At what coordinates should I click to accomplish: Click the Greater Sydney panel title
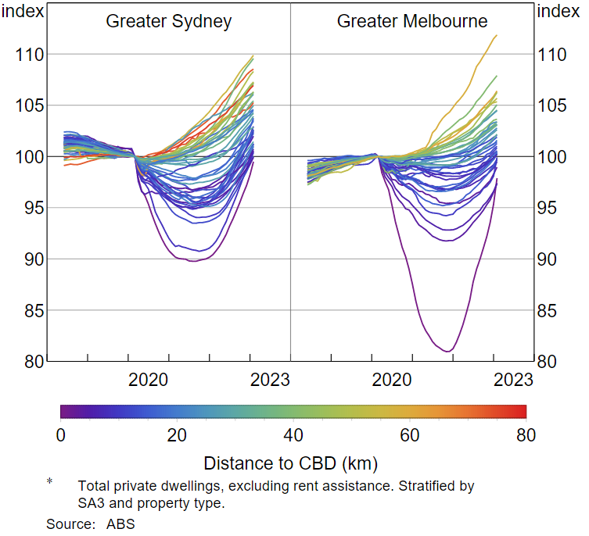point(169,21)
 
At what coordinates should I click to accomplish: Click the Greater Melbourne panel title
point(412,21)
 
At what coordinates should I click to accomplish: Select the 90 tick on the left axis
point(31,259)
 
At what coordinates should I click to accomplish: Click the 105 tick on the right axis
point(556,105)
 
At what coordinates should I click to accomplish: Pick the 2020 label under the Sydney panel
point(149,381)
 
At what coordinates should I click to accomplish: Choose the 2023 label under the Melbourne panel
point(513,381)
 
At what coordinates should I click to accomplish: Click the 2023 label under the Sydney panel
point(270,381)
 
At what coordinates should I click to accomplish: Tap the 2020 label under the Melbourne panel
point(392,381)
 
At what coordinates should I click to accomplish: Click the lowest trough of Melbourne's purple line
point(447,352)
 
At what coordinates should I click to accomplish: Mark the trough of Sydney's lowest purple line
point(193,260)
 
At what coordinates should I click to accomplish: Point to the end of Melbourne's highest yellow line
point(496,35)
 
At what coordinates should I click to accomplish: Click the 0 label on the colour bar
point(61,435)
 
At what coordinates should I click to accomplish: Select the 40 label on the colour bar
point(293,435)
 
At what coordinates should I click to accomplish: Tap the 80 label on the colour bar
point(526,435)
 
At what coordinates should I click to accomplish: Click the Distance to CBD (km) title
point(290,463)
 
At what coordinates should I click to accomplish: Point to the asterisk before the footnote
point(49,482)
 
